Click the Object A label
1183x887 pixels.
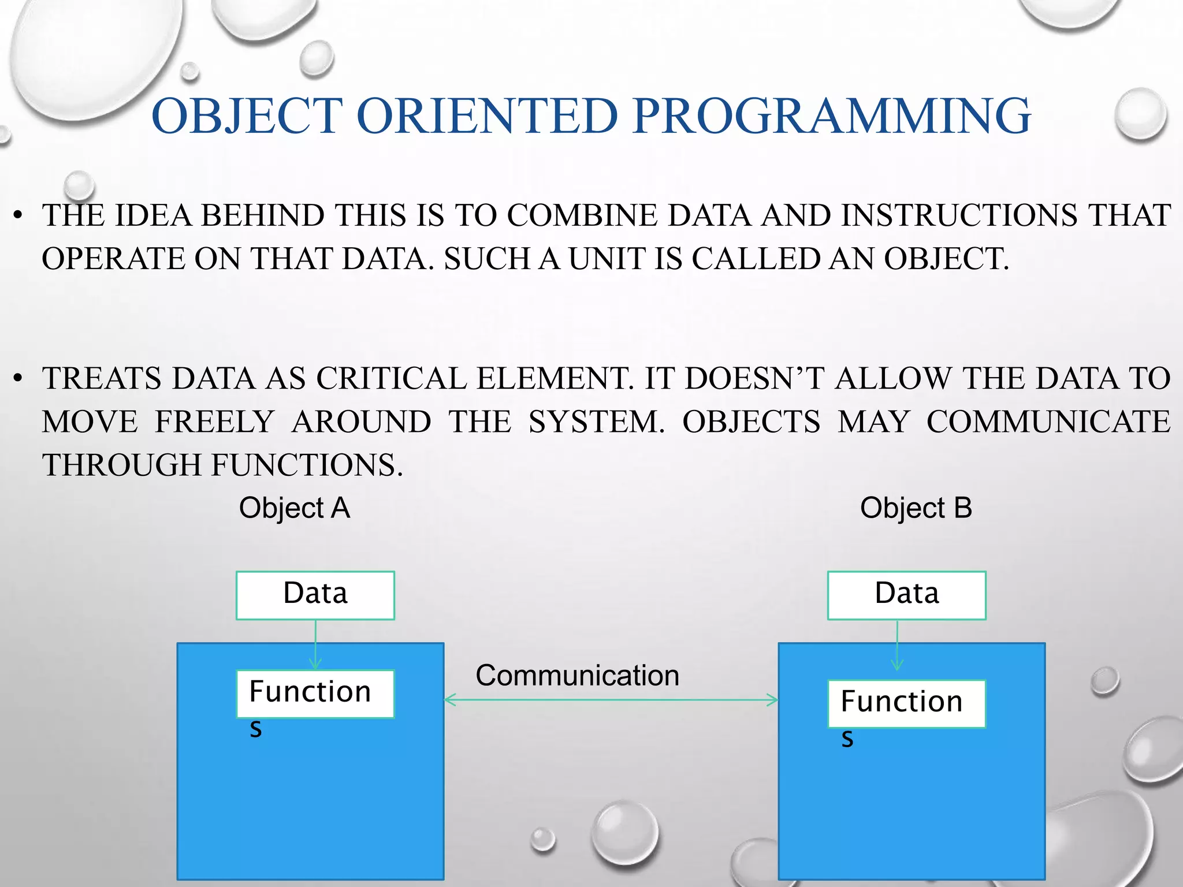pyautogui.click(x=295, y=508)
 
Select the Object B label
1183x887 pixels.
pyautogui.click(x=916, y=508)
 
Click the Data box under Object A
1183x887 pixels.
pyautogui.click(x=315, y=595)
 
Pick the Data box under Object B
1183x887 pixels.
pyautogui.click(x=906, y=595)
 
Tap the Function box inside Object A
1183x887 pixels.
pyautogui.click(x=315, y=694)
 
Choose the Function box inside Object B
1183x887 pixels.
pyautogui.click(x=906, y=703)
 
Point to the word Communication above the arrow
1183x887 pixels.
pyautogui.click(x=577, y=675)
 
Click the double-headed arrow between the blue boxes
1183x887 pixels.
pyautogui.click(x=611, y=700)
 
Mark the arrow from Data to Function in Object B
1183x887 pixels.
pyautogui.click(x=897, y=646)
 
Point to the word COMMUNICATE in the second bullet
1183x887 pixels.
pyautogui.click(x=1048, y=422)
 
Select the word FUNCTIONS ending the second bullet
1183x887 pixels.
pyautogui.click(x=306, y=465)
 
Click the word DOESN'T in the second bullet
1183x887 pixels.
pyautogui.click(x=754, y=379)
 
